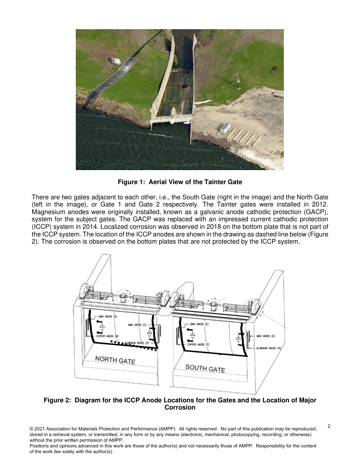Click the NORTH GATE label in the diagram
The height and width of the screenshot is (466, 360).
[x=115, y=360]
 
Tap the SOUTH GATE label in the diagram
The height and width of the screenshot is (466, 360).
[x=205, y=368]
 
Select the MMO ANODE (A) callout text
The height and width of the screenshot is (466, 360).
[x=108, y=316]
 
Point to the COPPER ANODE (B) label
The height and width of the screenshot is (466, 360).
[x=107, y=336]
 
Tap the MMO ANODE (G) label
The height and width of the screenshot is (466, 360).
[x=266, y=336]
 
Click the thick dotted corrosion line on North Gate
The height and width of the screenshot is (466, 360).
[x=133, y=346]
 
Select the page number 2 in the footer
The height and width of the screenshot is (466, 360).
[x=329, y=426]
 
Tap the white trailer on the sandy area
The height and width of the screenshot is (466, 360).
[x=225, y=128]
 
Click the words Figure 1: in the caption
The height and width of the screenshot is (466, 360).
[x=131, y=182]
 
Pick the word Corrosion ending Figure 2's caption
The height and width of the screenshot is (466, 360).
[x=180, y=408]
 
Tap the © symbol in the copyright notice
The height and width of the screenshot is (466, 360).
[x=31, y=429]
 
